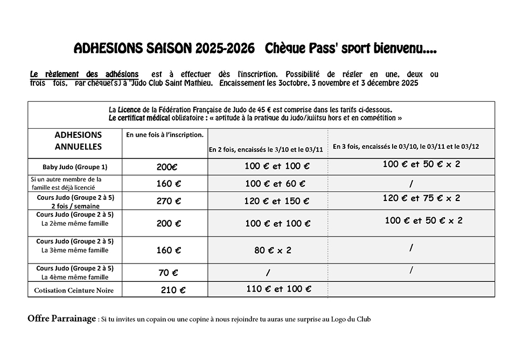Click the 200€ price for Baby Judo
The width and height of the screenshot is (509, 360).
(168, 167)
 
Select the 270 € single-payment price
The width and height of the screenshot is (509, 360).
(169, 201)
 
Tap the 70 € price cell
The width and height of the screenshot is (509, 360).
(168, 273)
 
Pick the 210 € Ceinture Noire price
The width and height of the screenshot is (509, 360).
(173, 290)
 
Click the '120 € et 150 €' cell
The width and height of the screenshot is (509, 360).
(277, 201)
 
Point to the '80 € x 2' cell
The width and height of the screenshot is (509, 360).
(273, 250)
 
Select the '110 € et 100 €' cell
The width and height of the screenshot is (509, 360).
(275, 289)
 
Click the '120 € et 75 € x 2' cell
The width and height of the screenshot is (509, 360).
(421, 198)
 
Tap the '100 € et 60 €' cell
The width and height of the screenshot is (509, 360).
(275, 184)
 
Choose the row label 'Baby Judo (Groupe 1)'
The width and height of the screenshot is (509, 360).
(75, 167)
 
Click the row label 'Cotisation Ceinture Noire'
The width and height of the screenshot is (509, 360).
(74, 290)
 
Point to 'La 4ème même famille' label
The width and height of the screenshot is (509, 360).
(75, 277)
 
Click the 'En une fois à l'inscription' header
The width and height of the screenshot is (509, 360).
(164, 135)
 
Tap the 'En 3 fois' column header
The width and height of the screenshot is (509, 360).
(406, 146)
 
